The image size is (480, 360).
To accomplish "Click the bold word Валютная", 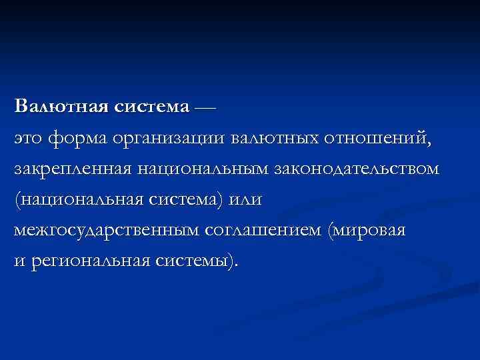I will [54, 107].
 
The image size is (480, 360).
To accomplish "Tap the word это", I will [29, 139].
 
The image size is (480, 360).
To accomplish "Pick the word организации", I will [170, 139].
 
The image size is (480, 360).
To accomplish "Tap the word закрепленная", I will [73, 169].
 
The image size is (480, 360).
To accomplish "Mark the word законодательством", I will [357, 169].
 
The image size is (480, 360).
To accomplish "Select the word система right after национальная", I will [181, 200].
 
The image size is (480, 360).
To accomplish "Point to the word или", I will [245, 200].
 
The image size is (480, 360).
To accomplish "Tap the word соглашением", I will [263, 231].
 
